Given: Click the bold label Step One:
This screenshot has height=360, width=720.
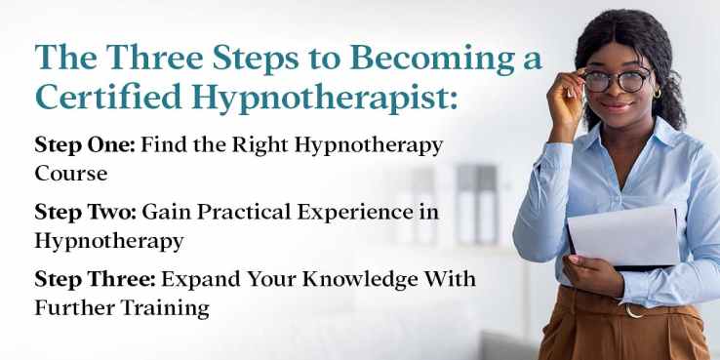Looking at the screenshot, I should [x=85, y=145].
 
